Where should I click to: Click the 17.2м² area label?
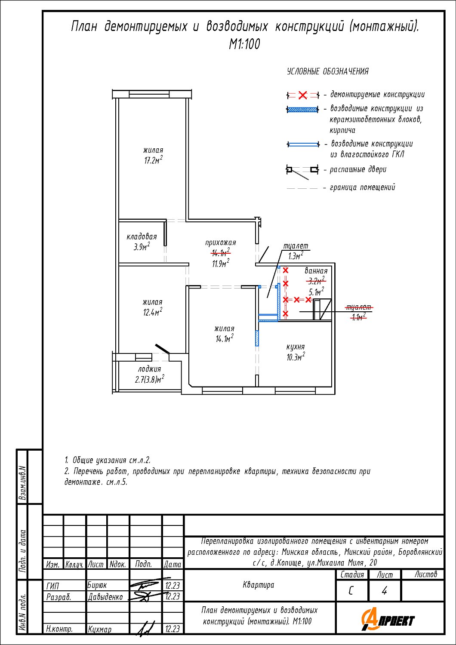[153, 160]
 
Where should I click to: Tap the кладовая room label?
[142, 236]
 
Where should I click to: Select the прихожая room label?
[220, 243]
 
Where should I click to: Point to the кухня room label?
[296, 347]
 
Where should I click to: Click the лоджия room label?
[149, 369]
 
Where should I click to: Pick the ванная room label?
[316, 271]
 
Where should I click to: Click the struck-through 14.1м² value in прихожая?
[221, 253]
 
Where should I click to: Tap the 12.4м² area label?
[153, 312]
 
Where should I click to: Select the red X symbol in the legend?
[303, 95]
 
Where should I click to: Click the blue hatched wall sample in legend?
[303, 109]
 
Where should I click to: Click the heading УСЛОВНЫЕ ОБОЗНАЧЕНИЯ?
[328, 71]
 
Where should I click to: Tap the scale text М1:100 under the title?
[244, 44]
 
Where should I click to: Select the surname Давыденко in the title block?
[105, 597]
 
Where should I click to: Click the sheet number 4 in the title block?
[384, 591]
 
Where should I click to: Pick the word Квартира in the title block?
[259, 585]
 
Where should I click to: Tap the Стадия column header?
[352, 574]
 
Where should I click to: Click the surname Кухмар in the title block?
[100, 629]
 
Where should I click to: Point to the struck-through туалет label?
[359, 307]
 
